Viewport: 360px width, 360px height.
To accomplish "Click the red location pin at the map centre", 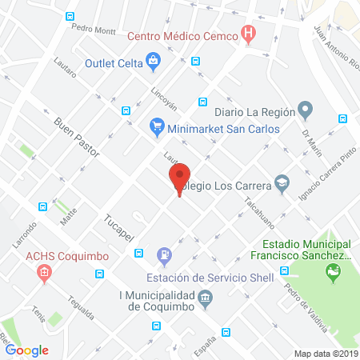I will [x=179, y=178].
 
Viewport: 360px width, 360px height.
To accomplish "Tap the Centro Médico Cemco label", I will [x=182, y=36].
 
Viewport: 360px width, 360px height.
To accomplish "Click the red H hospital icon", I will [x=248, y=35].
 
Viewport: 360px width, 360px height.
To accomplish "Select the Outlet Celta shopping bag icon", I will [x=153, y=59].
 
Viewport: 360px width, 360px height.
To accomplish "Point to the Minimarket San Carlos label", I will [x=224, y=127].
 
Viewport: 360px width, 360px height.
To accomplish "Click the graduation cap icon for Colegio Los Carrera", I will [x=282, y=183].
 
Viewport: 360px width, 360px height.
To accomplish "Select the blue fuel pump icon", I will [x=164, y=255].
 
